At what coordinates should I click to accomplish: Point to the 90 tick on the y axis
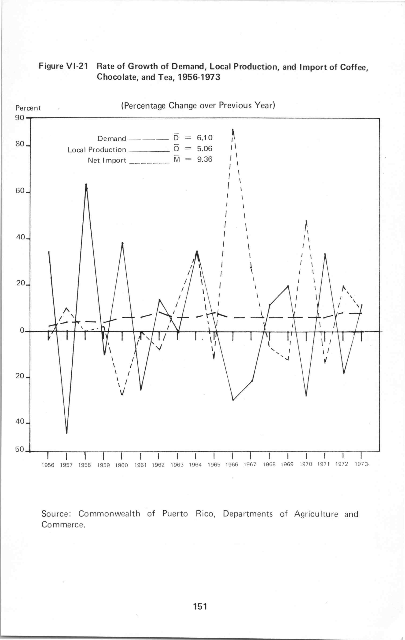tap(20, 118)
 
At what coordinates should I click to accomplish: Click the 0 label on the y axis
tap(22, 331)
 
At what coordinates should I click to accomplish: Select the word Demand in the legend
tap(112, 139)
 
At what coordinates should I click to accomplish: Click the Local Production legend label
tap(96, 150)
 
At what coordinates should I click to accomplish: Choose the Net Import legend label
tap(107, 161)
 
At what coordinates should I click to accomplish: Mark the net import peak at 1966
tap(233, 130)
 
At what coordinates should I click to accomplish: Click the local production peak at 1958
tap(86, 184)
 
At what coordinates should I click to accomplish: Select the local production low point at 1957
tap(66, 433)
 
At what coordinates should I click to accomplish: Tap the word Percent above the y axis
tap(28, 108)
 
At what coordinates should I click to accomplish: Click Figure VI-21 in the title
tap(63, 66)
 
